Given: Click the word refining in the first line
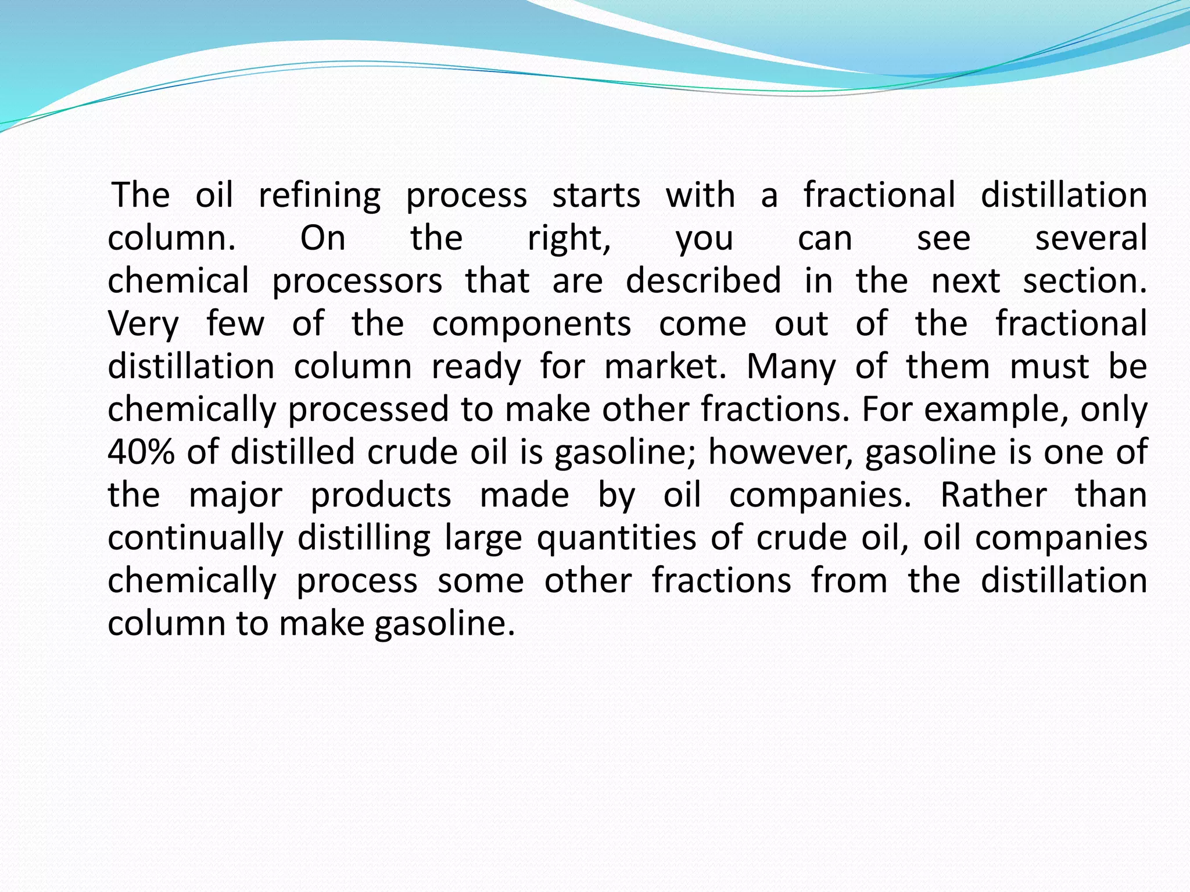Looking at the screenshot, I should (x=320, y=196).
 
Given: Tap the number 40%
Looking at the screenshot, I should (x=141, y=452).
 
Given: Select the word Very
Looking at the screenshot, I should (x=144, y=324).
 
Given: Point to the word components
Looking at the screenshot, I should (x=531, y=324).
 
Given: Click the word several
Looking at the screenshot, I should (x=1091, y=238).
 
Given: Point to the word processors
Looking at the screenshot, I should (x=357, y=281).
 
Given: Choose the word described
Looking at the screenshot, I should (x=703, y=281).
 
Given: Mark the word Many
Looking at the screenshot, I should (x=791, y=367).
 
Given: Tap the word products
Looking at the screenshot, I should (x=381, y=495).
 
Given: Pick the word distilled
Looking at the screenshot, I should (x=292, y=452).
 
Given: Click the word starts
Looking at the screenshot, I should (x=596, y=196).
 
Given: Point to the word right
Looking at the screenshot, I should (x=569, y=238).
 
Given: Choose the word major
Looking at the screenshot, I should (x=236, y=495).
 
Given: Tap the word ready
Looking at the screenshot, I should (x=476, y=367).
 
